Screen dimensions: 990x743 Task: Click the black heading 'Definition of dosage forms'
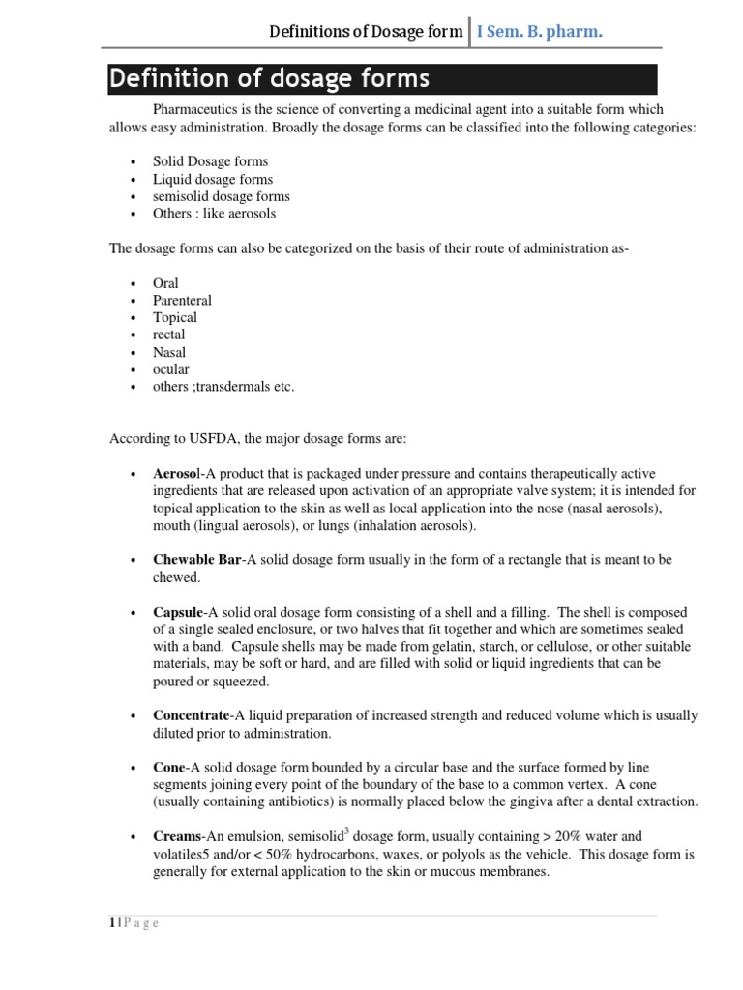coord(270,78)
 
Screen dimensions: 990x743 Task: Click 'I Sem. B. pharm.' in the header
coord(540,33)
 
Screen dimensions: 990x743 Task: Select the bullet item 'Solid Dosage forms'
coord(210,161)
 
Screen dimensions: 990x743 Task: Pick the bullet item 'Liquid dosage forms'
coord(213,179)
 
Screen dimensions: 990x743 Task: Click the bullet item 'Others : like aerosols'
coord(214,213)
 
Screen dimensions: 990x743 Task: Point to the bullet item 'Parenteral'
coord(182,300)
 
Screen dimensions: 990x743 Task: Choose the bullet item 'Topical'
coord(174,317)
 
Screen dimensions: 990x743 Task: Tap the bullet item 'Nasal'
coord(169,352)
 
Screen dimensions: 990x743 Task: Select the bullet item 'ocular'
coord(171,369)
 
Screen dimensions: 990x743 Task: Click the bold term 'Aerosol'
coord(176,474)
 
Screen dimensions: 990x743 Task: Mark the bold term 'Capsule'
coord(178,613)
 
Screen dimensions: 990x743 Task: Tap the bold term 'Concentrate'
coord(191,715)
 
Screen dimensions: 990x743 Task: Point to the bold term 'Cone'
coord(168,768)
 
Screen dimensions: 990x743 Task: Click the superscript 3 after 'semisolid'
coord(346,831)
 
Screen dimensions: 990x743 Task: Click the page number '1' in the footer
coord(111,923)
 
